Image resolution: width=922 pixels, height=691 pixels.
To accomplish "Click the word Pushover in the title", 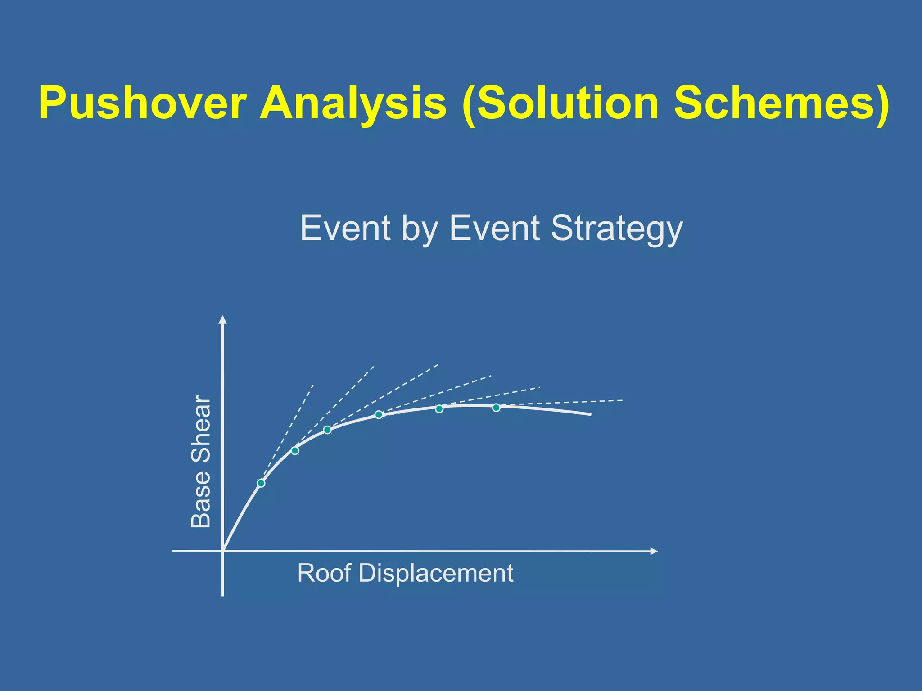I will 142,103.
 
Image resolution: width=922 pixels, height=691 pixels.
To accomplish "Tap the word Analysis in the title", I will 353,103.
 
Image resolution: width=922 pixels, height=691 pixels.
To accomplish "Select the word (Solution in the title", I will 560,103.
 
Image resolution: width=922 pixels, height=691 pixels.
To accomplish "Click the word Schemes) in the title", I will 781,103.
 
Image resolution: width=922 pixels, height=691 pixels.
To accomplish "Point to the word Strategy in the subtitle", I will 617,229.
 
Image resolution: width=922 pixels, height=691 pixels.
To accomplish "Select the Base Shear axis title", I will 201,462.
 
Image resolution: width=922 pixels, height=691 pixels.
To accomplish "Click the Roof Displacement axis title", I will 405,573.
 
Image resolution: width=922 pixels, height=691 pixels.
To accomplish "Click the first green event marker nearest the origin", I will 261,483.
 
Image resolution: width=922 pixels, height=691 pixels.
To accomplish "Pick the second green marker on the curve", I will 295,450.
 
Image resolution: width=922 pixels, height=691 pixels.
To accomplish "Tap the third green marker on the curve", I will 328,430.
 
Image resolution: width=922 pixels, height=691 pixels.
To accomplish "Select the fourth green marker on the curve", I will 379,414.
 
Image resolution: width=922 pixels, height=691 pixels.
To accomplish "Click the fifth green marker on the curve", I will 439,409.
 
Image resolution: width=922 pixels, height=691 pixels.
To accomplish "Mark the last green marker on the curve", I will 496,408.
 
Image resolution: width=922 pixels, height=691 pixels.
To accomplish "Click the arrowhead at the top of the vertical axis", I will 222,319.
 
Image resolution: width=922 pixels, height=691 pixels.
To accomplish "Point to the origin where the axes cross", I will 223,551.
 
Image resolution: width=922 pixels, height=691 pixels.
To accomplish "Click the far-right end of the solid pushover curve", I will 590,415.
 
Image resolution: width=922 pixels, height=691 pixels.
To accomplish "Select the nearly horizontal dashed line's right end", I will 622,400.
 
